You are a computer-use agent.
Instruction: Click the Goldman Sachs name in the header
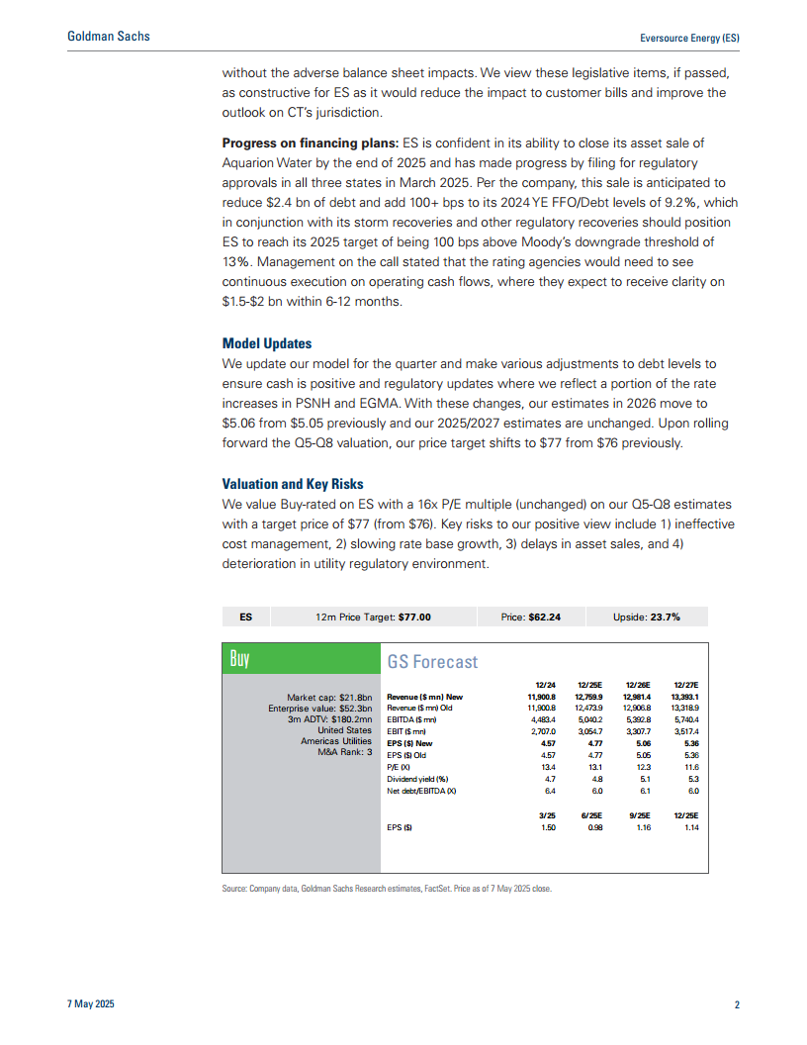109,37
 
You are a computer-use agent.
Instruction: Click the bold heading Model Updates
267,343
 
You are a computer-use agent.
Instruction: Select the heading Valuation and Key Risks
293,485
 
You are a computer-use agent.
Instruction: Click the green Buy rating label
239,659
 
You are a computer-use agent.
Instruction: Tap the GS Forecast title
432,662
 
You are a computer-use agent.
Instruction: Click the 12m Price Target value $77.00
414,617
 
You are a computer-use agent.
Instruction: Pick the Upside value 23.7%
664,617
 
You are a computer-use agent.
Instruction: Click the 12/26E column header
638,685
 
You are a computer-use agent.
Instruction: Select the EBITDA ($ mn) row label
413,719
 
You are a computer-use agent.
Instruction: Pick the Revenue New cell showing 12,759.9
588,698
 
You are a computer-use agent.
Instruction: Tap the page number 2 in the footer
737,1005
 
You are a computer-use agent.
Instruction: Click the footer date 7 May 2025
91,1005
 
